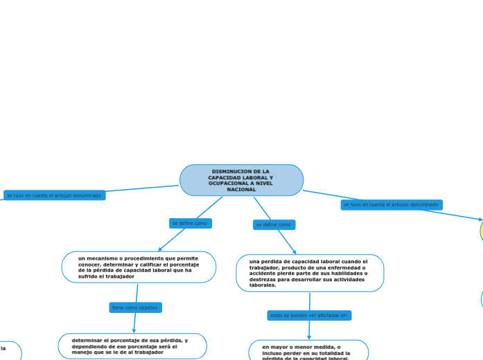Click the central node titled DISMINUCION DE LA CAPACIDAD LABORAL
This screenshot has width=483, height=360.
coord(241,180)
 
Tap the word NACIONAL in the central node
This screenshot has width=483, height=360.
coord(241,190)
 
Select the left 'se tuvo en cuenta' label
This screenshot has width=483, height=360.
coord(54,196)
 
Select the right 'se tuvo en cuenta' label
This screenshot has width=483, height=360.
coord(391,205)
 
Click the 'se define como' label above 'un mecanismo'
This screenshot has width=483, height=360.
coord(190,224)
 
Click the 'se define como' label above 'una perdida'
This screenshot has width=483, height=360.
coord(274,225)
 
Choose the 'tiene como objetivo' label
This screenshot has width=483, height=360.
coord(135,307)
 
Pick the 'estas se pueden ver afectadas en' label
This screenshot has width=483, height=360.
coord(309,316)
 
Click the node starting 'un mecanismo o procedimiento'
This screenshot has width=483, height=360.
coord(139,267)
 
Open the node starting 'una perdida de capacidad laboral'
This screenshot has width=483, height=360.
coord(309,273)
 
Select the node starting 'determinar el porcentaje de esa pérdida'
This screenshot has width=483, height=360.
coord(132,346)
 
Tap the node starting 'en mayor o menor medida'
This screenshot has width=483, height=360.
coord(308,350)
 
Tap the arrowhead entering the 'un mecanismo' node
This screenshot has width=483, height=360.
coord(160,249)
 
